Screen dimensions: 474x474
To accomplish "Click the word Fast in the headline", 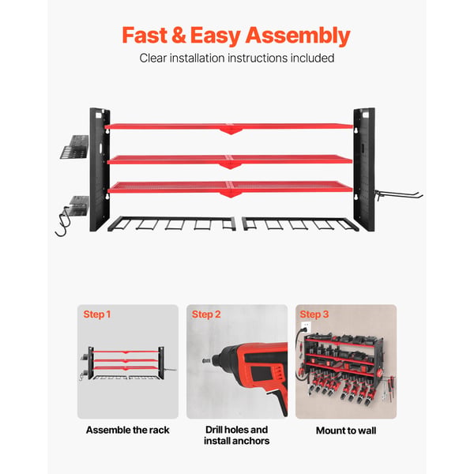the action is pos(145,35).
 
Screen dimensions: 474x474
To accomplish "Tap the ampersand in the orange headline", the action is pos(179,35).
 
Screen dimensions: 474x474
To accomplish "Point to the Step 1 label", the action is pos(97,314).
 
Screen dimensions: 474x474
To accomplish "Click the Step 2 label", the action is pos(206,314).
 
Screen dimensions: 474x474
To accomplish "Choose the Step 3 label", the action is pos(314,314).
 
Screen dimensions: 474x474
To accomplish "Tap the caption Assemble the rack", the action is pos(127,430).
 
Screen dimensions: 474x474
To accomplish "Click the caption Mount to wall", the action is pos(346,431).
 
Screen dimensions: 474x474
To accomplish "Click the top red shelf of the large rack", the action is pos(229,127).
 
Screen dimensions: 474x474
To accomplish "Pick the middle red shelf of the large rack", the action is pos(230,160).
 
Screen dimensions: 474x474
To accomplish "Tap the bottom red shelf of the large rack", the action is pos(231,188).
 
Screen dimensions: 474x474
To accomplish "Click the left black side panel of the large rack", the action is pos(100,169).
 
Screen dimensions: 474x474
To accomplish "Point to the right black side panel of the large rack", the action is pos(364,169).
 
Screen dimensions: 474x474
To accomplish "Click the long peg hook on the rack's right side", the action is pos(398,194).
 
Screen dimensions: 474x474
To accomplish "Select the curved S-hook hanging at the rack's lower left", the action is pos(63,221).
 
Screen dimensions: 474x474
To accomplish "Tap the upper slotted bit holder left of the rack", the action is pos(74,147).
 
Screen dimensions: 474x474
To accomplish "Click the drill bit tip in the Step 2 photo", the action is pos(206,361).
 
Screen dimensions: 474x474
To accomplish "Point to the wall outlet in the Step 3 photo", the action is pos(307,326).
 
